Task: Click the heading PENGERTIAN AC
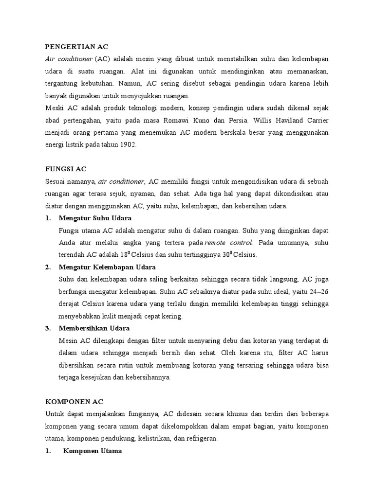pyautogui.click(x=76, y=47)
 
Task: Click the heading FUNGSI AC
pyautogui.click(x=65, y=169)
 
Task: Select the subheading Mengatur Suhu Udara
pyautogui.click(x=95, y=218)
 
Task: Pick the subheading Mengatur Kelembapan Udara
pyautogui.click(x=107, y=267)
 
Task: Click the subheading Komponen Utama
pyautogui.click(x=93, y=451)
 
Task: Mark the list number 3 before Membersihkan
pyautogui.click(x=48, y=328)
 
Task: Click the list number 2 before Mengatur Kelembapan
pyautogui.click(x=48, y=267)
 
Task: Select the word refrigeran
pyautogui.click(x=202, y=438)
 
